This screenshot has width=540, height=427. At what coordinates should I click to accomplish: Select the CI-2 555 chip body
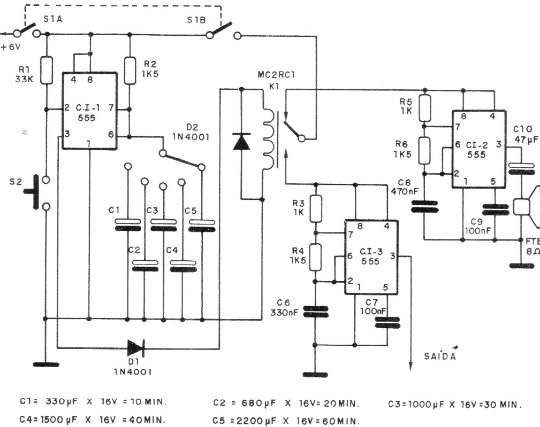pos(478,150)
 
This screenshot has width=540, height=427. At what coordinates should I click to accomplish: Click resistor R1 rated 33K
pos(47,69)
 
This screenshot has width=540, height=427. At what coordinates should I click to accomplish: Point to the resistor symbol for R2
pos(130,70)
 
